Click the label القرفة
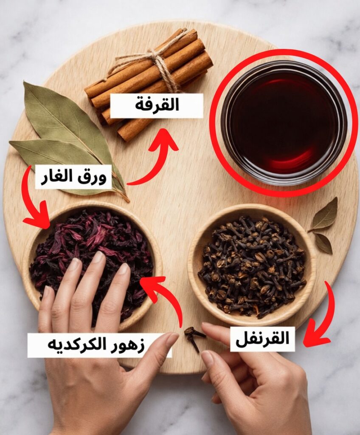point(157,105)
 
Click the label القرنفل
point(262,339)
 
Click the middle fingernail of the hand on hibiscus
point(98,257)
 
